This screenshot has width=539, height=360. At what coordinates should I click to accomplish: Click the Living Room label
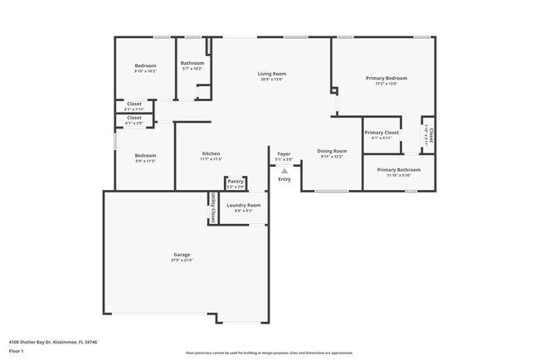tap(271, 74)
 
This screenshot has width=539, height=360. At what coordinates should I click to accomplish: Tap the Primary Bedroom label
tap(386, 78)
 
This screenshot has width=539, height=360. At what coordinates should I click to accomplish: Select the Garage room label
tap(182, 254)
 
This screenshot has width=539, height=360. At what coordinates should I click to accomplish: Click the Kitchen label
tap(211, 153)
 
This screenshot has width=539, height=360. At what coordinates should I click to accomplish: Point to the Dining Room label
tap(332, 151)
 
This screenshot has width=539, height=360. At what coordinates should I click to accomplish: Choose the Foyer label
tap(284, 153)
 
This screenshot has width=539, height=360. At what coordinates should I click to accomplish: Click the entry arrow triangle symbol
tap(284, 171)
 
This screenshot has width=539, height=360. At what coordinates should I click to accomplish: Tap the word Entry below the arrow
tap(284, 179)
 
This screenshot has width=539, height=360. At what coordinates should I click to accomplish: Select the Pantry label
tap(236, 181)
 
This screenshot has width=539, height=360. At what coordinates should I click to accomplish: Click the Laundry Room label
tap(244, 204)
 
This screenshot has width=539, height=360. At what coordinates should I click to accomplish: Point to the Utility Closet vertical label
tap(213, 208)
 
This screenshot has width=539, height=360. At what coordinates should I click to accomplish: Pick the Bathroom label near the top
tap(192, 63)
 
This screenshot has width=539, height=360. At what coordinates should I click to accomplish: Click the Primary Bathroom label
tap(399, 169)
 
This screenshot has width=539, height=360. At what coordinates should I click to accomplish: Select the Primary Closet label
tap(381, 132)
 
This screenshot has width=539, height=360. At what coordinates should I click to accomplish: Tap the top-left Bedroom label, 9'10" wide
tap(145, 66)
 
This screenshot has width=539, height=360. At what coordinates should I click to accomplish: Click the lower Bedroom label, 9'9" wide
tap(145, 155)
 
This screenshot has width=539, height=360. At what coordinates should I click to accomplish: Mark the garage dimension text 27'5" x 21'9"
tap(182, 260)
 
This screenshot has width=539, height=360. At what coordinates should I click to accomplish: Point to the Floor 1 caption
tap(17, 351)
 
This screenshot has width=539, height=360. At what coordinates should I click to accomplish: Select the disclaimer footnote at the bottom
tap(269, 353)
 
